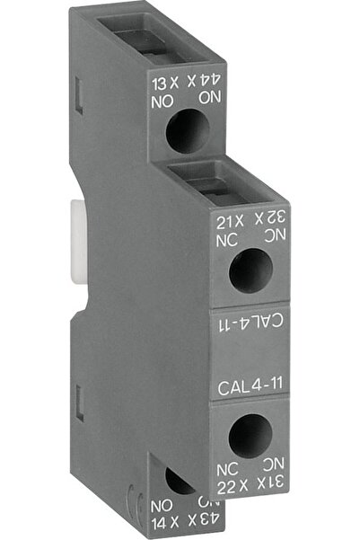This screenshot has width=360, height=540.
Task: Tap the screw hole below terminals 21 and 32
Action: [x=250, y=270]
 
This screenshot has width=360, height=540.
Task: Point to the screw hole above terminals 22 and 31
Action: [x=250, y=437]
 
